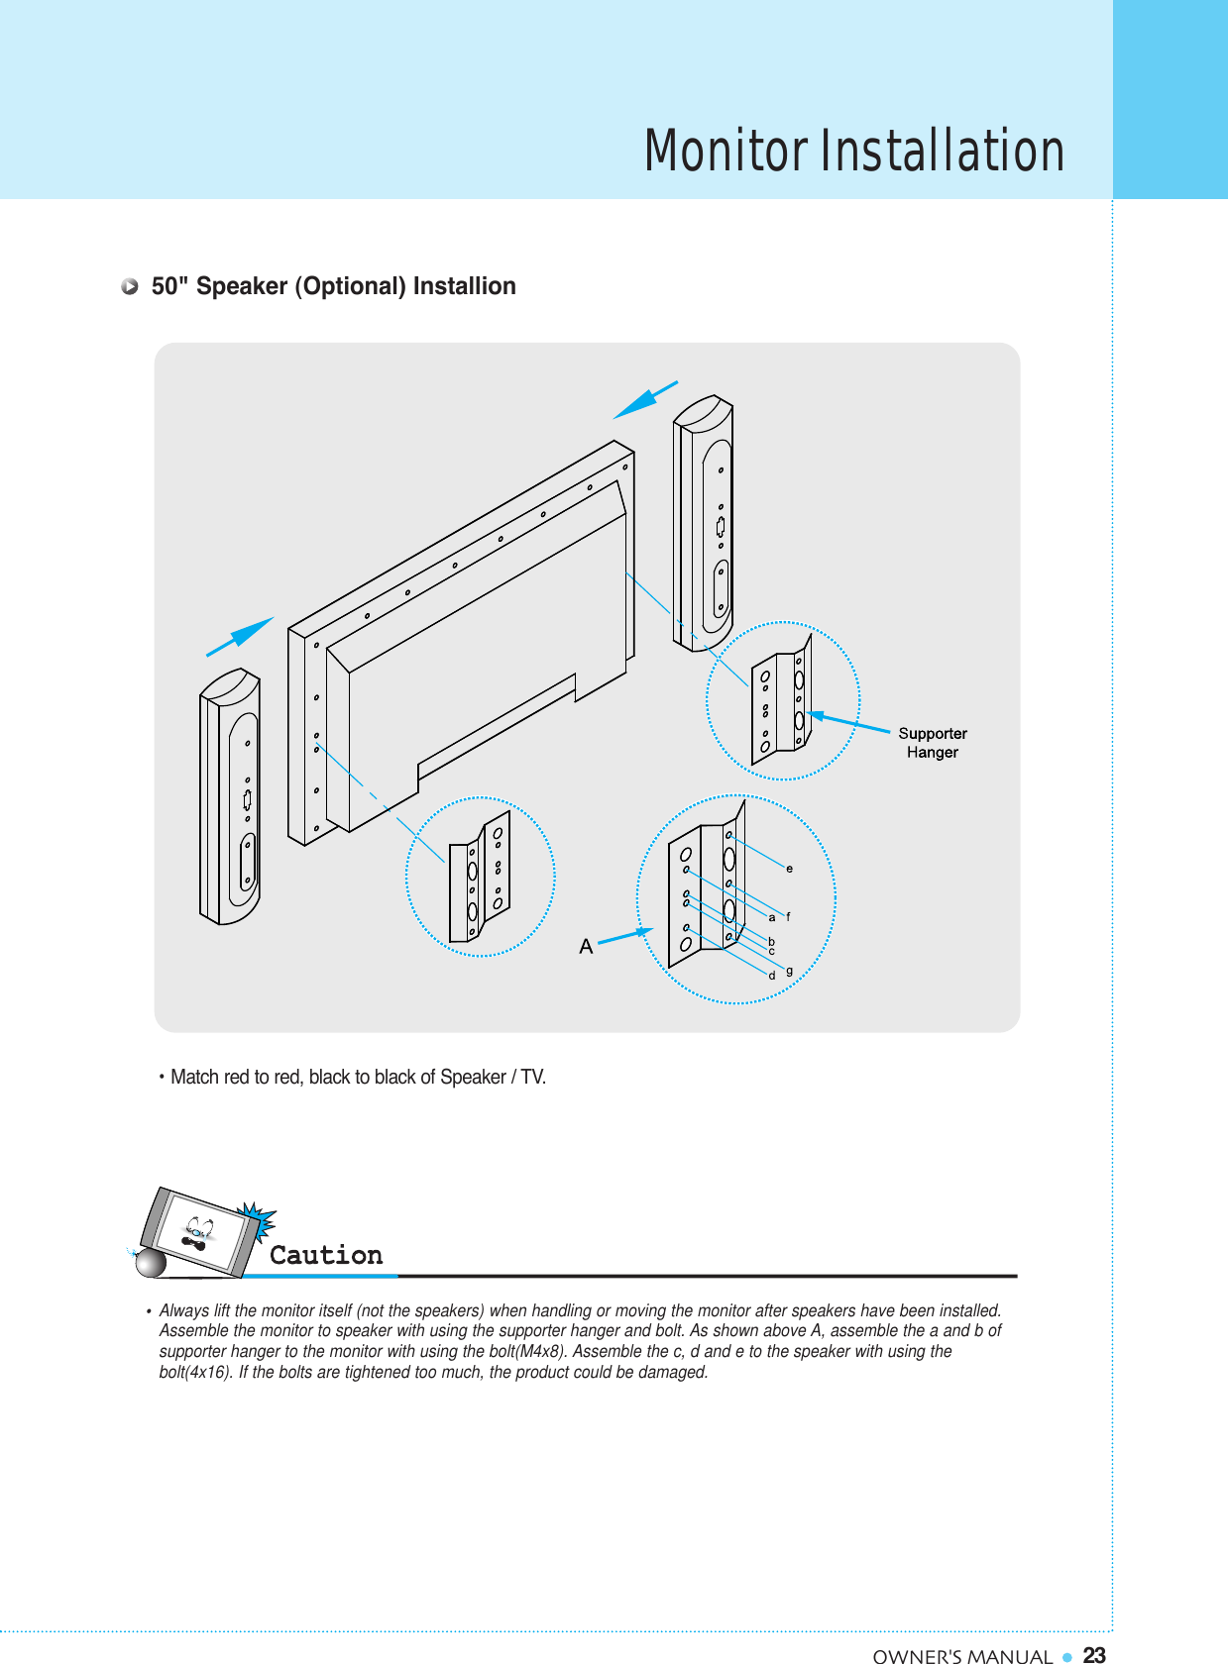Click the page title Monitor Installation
pos(853,151)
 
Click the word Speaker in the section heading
pos(241,286)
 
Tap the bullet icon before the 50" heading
pos(130,287)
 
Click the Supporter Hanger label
pos(932,743)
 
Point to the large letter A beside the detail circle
pos(586,947)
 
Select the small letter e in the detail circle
pos(789,869)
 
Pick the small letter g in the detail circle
pos(789,971)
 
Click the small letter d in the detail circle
pos(772,976)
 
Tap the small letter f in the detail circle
pos(788,916)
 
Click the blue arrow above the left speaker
pos(240,636)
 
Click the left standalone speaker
pos(230,797)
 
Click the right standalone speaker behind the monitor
pos(704,523)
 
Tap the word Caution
pos(326,1255)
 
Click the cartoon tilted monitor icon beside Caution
pos(200,1233)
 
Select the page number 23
pos(1094,1655)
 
